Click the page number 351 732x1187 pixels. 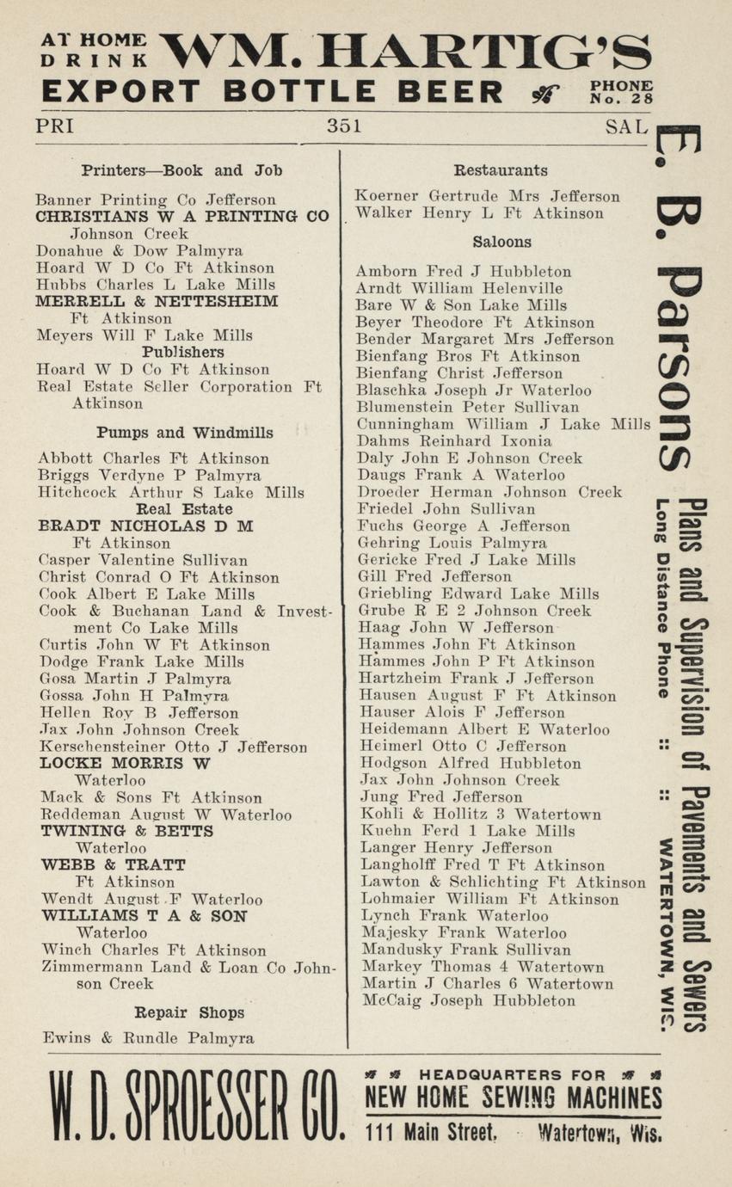click(x=344, y=126)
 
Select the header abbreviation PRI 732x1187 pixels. click(x=54, y=126)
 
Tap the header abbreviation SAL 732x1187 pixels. click(x=626, y=127)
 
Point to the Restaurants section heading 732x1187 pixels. click(x=501, y=170)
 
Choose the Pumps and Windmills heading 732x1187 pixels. click(x=185, y=433)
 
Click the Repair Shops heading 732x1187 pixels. click(x=188, y=1012)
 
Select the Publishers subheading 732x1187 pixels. click(x=183, y=353)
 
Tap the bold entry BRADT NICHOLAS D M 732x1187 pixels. click(x=146, y=526)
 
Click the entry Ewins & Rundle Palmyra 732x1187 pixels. click(x=148, y=1038)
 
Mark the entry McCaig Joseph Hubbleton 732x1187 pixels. click(x=468, y=1001)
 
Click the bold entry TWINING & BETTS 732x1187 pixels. click(x=127, y=831)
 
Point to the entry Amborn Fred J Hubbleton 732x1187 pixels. click(x=464, y=272)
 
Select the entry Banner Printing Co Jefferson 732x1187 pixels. click(x=156, y=200)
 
